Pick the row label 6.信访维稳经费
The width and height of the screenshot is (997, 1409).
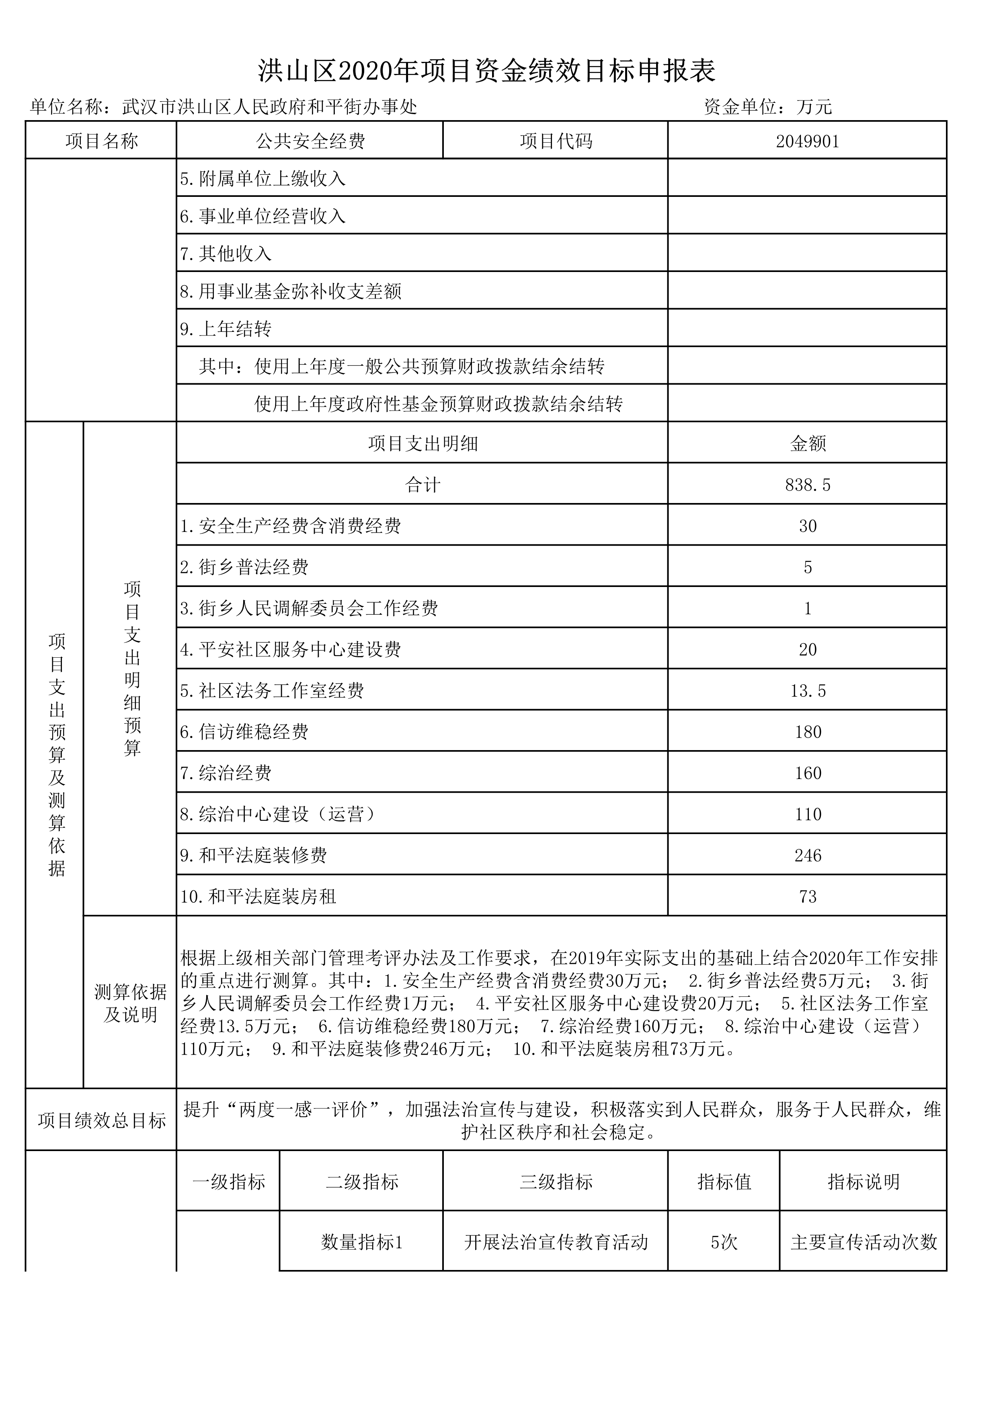tap(244, 732)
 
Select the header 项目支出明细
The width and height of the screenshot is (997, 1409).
tap(423, 444)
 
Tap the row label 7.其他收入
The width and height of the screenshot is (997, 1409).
tap(226, 254)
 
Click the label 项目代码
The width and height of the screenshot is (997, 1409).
tap(556, 142)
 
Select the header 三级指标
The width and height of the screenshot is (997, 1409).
tap(556, 1182)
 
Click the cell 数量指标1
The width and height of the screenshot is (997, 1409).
tap(361, 1242)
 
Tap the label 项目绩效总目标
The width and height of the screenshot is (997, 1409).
tap(101, 1121)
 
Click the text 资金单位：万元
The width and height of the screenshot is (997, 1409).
tap(767, 107)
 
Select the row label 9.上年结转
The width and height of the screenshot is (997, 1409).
tap(226, 329)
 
